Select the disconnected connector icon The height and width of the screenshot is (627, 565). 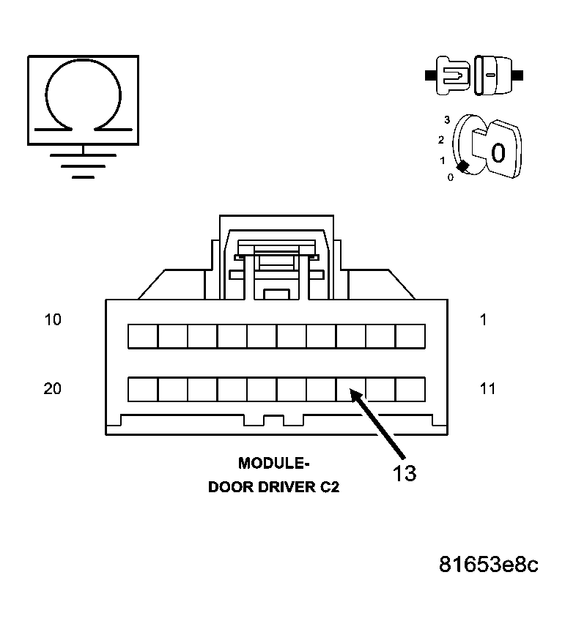474,75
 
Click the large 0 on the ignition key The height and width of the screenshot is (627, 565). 498,152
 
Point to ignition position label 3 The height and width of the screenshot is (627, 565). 446,119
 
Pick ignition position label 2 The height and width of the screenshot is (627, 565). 441,139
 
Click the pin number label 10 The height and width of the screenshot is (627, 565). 52,320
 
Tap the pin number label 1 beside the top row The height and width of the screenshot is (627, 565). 483,320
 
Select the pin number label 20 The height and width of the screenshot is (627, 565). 52,389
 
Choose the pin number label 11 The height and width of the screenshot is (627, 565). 487,389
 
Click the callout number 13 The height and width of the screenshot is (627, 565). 404,473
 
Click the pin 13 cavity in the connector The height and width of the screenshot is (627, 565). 351,389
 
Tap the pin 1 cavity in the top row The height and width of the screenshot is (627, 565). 410,336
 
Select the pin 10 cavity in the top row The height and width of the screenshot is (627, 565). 143,336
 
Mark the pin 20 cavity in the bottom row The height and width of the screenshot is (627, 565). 143,389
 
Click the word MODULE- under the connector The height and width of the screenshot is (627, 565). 272,463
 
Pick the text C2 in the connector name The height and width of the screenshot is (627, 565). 329,487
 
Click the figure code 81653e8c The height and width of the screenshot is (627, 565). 489,565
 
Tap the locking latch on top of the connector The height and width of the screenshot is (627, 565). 276,260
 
